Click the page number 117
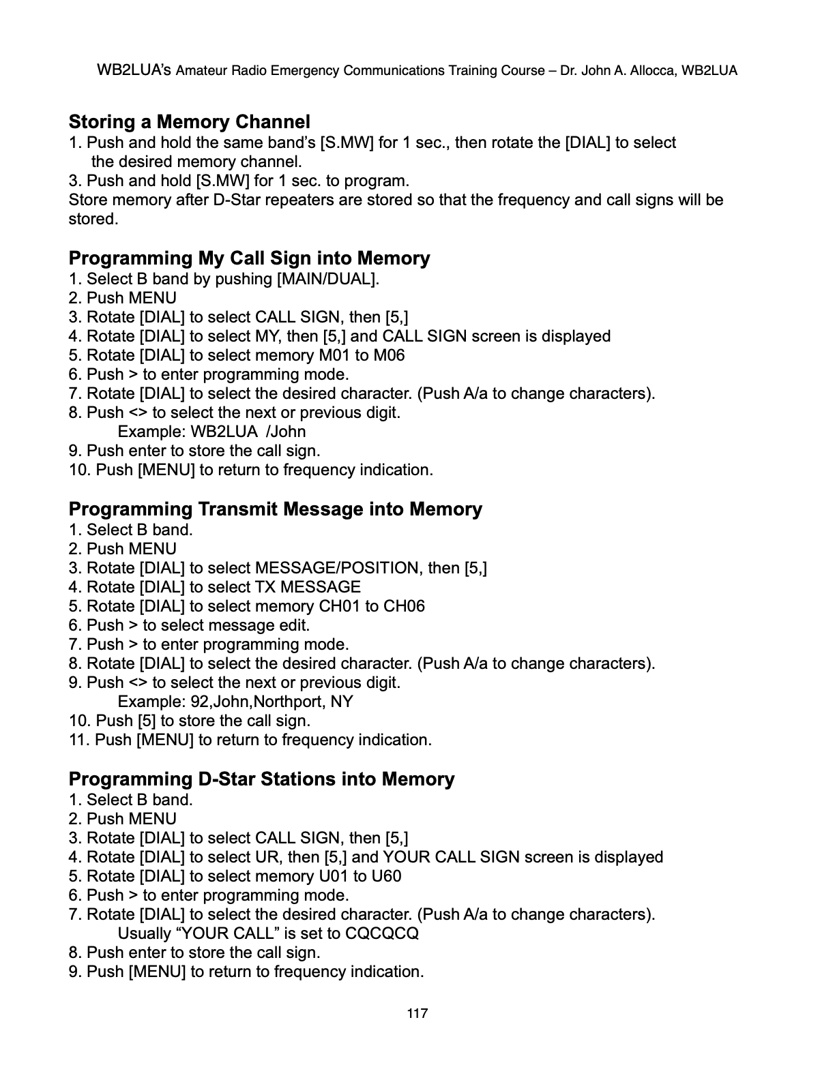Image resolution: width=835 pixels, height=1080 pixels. [417, 1013]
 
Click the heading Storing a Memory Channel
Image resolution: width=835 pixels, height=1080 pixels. [189, 122]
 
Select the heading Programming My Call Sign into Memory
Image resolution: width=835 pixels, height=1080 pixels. [249, 258]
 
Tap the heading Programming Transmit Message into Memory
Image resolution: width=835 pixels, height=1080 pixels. [275, 509]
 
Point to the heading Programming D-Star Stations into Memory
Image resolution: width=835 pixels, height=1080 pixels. [261, 779]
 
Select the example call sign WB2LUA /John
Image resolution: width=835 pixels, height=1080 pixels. [248, 432]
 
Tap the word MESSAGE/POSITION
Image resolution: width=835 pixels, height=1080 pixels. [336, 568]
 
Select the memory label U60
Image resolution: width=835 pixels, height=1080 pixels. [386, 876]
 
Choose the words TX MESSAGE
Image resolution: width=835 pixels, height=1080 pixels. [308, 587]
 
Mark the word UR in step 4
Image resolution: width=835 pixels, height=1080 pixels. [267, 857]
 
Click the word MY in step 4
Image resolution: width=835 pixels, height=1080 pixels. [266, 336]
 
